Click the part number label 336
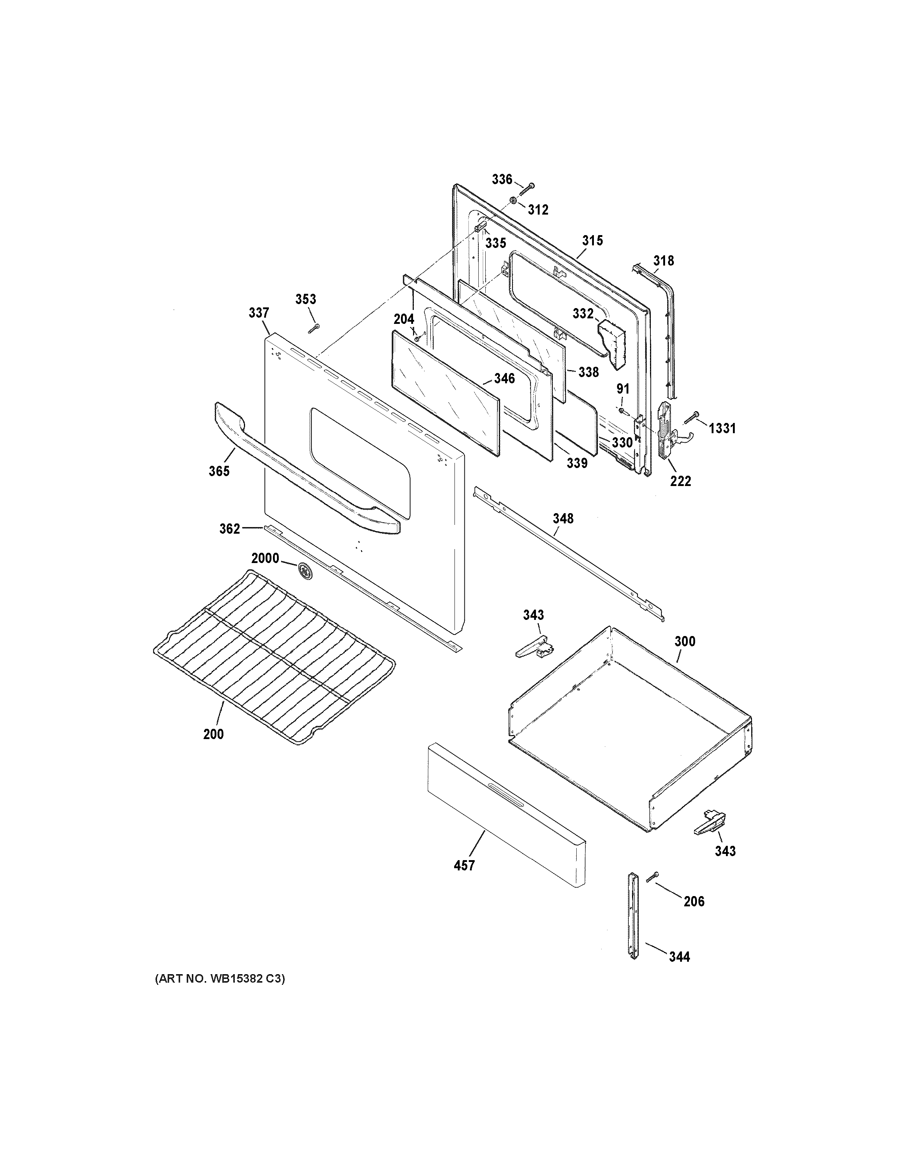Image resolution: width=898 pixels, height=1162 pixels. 502,179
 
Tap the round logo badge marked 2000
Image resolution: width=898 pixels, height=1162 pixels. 305,569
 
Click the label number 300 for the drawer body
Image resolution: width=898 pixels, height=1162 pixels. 685,641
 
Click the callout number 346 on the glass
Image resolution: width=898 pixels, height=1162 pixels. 504,378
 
